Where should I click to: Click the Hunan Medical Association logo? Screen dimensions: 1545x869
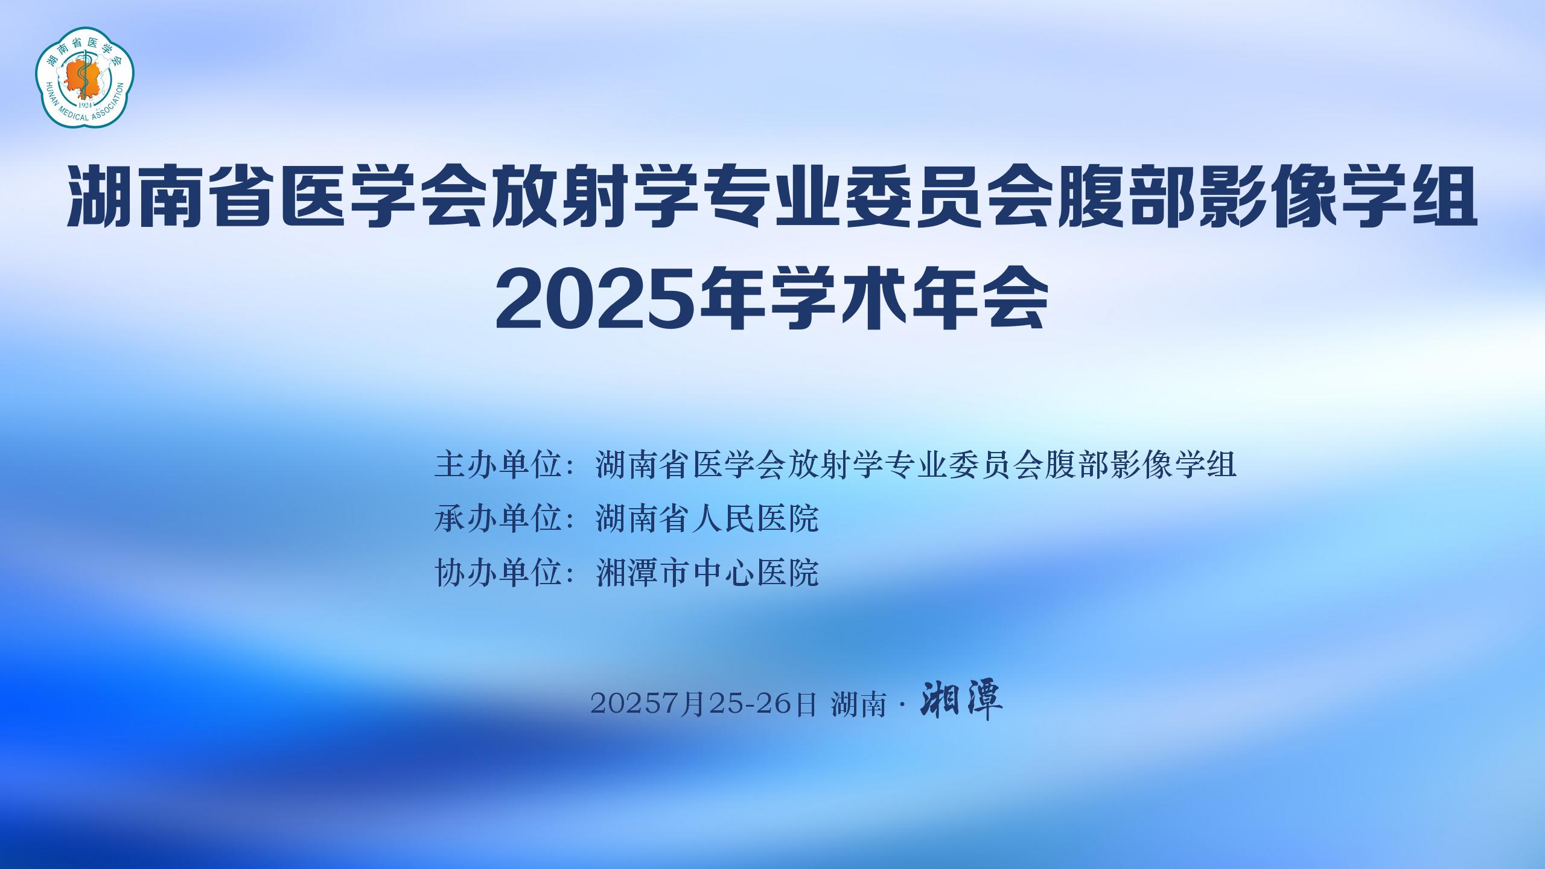[x=85, y=77]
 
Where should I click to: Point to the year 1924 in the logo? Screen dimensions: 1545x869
[x=85, y=103]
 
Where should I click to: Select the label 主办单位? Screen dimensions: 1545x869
[x=500, y=465]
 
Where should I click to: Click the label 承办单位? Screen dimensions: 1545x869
[x=500, y=518]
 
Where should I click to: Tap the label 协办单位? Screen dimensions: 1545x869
[x=500, y=571]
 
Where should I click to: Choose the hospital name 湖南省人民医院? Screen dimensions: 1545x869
[x=707, y=518]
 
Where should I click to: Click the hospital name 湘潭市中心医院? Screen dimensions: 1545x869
[x=707, y=571]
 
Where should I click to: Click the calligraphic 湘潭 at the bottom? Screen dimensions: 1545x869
[x=961, y=702]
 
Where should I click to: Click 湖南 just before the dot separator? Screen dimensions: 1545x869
[x=858, y=704]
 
